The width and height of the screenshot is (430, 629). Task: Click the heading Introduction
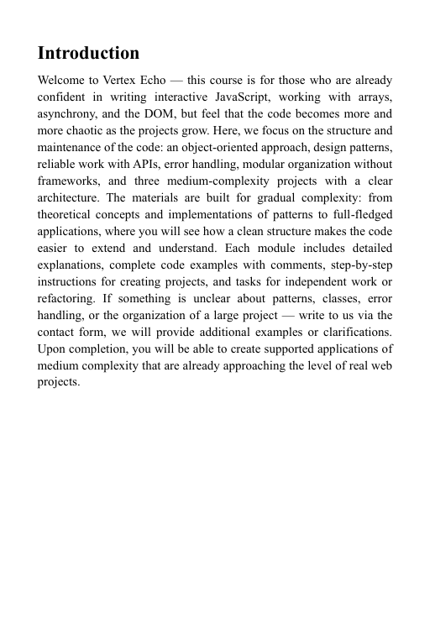coord(89,54)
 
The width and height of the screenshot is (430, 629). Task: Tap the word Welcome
coord(65,81)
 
